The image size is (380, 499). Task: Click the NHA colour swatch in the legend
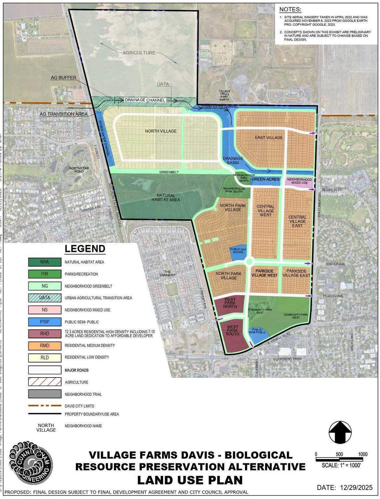click(45, 262)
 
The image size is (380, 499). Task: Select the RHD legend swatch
click(45, 333)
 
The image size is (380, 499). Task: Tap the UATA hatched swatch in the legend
click(45, 298)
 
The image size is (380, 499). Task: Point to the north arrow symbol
click(340, 432)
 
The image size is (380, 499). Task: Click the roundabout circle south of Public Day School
click(249, 261)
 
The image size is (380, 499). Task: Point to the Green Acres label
click(266, 179)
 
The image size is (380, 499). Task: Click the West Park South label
click(232, 330)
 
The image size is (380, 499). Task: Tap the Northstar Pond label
click(79, 170)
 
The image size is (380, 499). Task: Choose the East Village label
click(269, 138)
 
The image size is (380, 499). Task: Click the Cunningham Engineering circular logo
click(31, 463)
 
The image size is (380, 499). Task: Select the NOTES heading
click(290, 10)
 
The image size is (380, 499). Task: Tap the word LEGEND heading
click(85, 249)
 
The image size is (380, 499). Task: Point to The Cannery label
click(167, 273)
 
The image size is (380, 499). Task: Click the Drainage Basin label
click(233, 161)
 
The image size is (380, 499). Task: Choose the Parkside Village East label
click(296, 273)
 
